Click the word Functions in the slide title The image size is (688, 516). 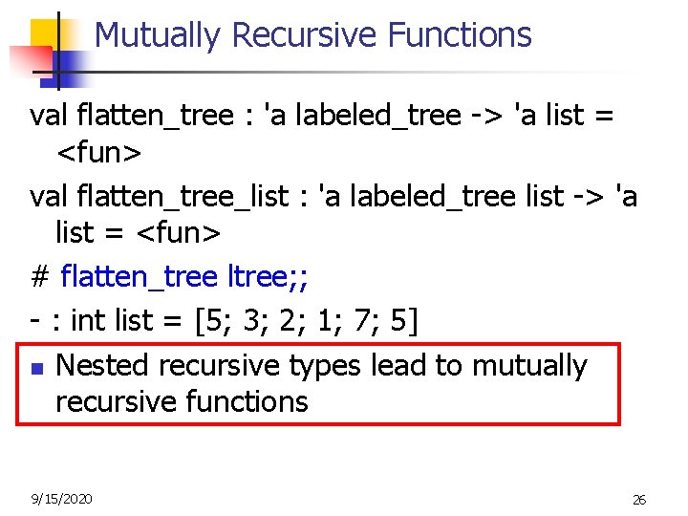460,35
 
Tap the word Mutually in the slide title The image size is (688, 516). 159,35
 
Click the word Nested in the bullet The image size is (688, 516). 103,365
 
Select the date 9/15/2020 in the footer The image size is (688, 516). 61,498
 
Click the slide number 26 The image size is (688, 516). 639,500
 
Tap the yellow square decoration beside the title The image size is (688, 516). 48,33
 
